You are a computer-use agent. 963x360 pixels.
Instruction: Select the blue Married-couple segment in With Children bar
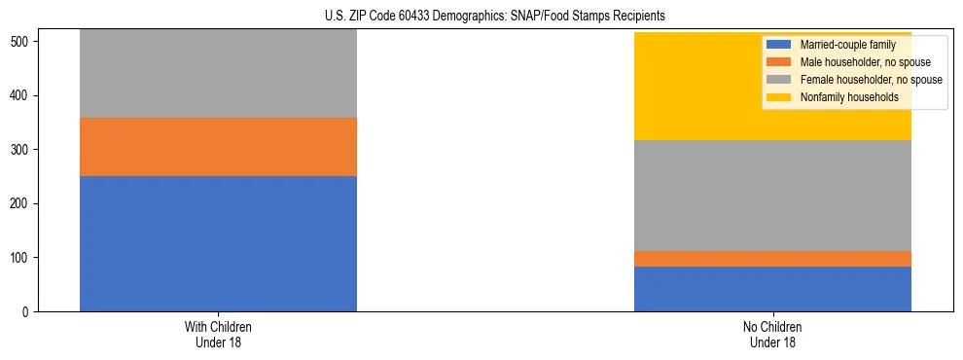click(x=218, y=243)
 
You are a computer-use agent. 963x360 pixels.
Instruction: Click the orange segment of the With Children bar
click(x=218, y=147)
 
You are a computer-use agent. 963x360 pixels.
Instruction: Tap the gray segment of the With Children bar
click(x=218, y=74)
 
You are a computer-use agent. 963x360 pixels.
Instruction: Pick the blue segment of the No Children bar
click(x=772, y=289)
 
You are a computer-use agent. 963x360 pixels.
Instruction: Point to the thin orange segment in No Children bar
click(x=772, y=259)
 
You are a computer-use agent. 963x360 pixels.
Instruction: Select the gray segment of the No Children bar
click(x=772, y=196)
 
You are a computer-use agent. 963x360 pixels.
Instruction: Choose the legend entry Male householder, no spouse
click(x=856, y=62)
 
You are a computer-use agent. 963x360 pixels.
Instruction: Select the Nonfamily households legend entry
click(x=842, y=97)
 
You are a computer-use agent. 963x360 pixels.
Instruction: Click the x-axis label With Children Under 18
click(x=218, y=334)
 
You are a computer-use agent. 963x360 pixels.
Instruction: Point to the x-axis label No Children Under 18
click(x=772, y=334)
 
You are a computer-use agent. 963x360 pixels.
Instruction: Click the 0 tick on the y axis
click(x=27, y=311)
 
